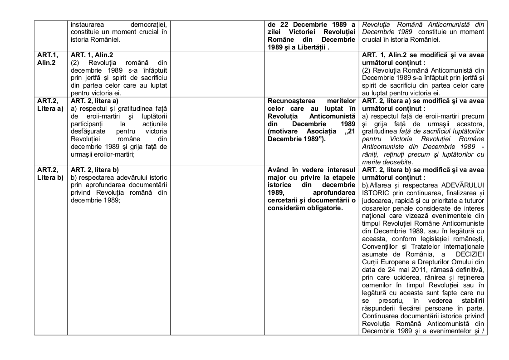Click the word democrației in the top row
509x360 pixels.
point(149,24)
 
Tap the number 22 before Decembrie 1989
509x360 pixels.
point(280,24)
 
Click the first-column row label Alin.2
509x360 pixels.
point(47,62)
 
